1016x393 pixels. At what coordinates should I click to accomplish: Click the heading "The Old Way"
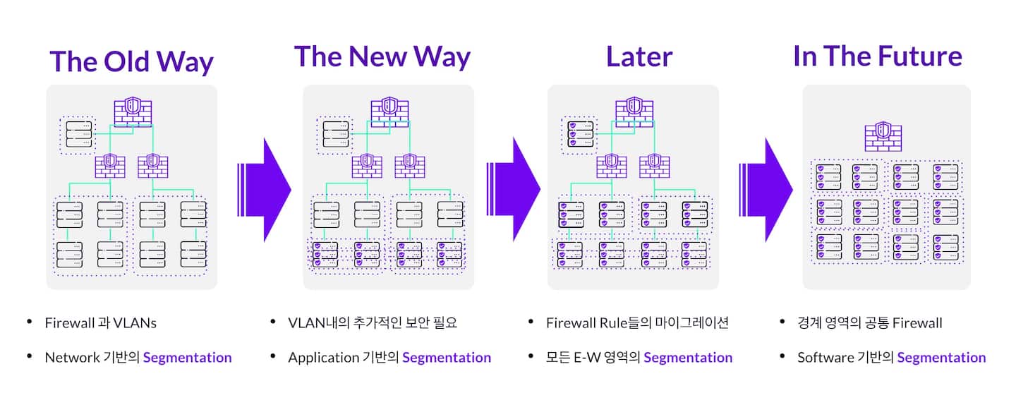tap(131, 62)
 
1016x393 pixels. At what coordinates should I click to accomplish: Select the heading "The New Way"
tap(382, 56)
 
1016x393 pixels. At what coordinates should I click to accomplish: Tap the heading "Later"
tap(639, 56)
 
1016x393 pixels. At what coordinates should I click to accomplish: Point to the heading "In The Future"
tap(877, 56)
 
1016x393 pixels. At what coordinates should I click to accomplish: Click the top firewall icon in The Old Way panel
tap(133, 112)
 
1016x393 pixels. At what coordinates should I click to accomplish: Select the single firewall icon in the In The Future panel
tap(882, 136)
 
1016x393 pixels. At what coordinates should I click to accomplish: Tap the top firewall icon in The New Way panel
tap(389, 111)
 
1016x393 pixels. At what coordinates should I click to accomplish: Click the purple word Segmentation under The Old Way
tap(187, 358)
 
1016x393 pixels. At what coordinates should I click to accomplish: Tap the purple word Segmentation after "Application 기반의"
tap(447, 358)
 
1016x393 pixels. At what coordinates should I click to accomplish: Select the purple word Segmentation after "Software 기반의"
tap(941, 358)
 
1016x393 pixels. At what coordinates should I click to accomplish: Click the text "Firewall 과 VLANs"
tap(100, 323)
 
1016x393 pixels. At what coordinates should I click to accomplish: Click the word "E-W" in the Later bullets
tap(585, 358)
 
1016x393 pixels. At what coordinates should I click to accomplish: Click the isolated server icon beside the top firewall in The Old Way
tap(78, 134)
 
